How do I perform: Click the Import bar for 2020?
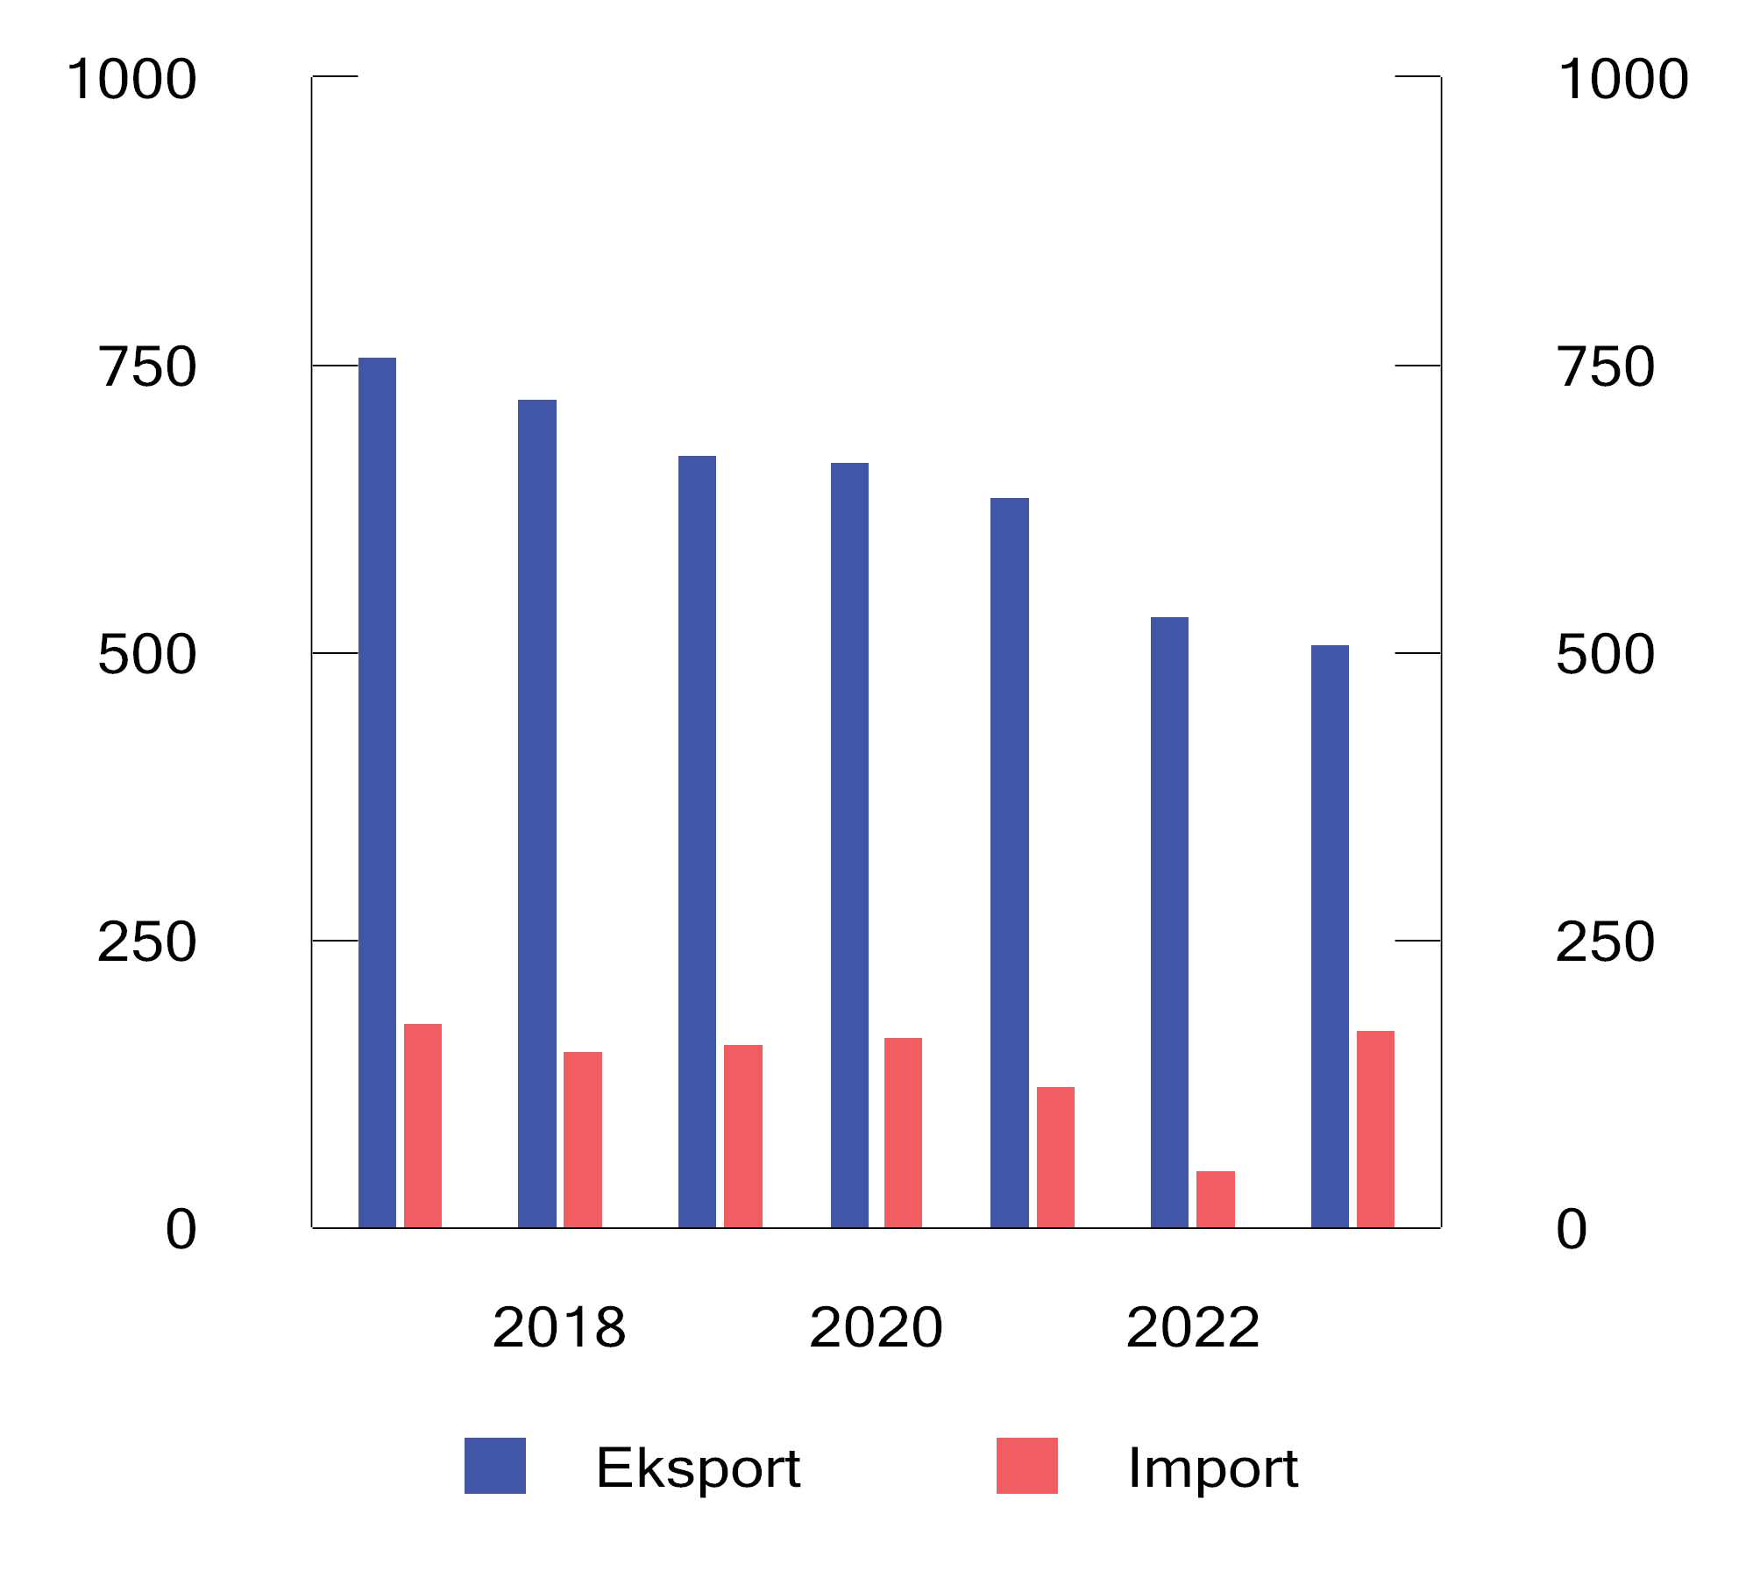click(903, 1132)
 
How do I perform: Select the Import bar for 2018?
click(582, 1139)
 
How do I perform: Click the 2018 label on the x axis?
click(559, 1327)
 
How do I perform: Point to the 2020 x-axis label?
click(876, 1327)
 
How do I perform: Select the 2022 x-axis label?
click(1192, 1327)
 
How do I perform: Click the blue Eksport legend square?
click(494, 1466)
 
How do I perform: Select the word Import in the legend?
click(1212, 1468)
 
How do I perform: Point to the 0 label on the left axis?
click(181, 1229)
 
